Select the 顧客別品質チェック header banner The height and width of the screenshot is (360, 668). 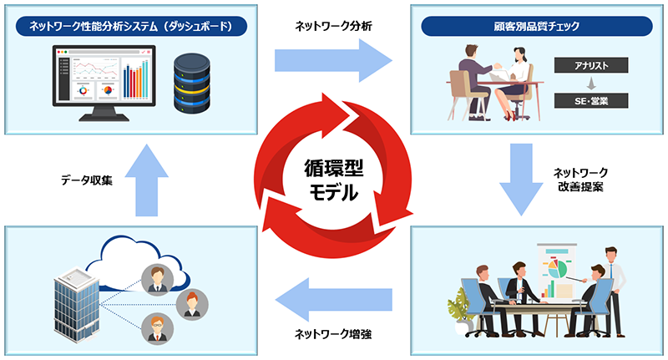point(535,26)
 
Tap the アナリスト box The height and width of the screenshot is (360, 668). point(590,65)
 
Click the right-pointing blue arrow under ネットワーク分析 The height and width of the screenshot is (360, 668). point(334,60)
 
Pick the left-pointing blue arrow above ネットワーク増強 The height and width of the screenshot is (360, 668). point(334,299)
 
